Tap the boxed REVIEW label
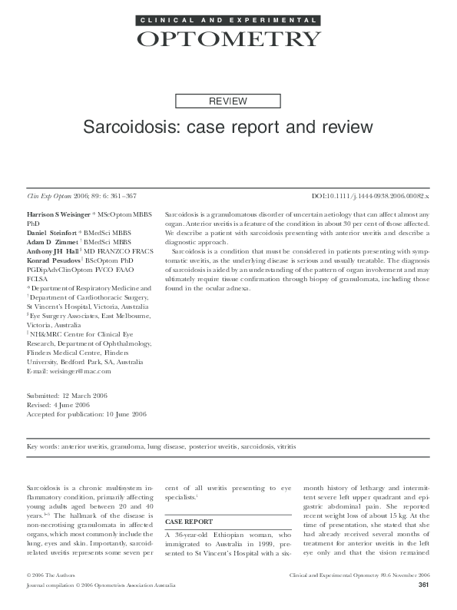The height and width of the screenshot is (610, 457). (228, 101)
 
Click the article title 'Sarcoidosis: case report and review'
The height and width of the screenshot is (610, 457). (228, 125)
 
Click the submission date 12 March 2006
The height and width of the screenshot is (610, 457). (87, 395)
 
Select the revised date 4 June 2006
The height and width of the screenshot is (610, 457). (71, 404)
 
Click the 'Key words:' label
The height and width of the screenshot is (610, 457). (42, 446)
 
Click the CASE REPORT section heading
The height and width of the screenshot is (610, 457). (189, 522)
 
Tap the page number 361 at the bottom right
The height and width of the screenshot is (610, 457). (422, 585)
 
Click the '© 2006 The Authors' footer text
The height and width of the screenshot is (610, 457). (51, 574)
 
